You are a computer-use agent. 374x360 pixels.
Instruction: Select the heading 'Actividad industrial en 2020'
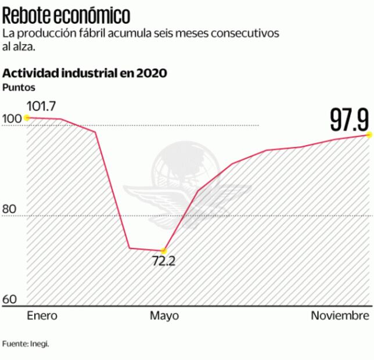85,73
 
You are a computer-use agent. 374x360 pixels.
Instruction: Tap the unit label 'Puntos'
19,87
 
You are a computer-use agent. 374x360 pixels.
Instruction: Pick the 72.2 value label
164,261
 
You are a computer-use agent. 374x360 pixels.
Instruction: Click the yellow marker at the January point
27,117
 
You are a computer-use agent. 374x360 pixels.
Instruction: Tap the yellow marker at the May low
164,250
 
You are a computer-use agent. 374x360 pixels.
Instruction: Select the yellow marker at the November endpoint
368,135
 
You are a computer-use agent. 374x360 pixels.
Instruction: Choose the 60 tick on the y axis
10,300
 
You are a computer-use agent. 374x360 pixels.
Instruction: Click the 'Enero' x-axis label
43,316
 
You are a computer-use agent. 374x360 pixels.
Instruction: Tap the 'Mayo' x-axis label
164,316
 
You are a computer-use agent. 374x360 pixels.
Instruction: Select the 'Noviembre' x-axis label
340,316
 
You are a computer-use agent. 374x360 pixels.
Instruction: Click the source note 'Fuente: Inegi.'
26,344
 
